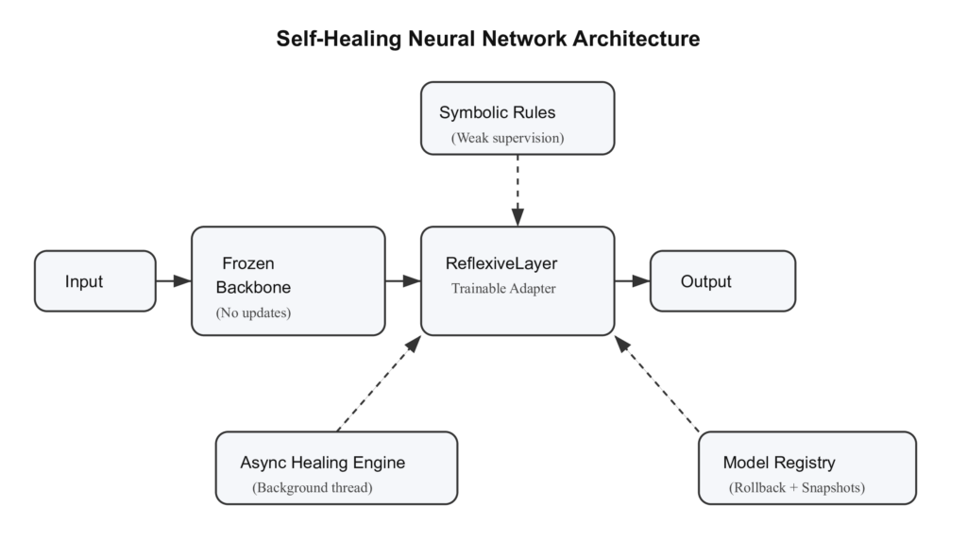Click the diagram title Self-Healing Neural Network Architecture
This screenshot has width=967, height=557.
click(487, 39)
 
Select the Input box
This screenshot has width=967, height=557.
click(95, 281)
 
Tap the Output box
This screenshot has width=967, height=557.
click(722, 281)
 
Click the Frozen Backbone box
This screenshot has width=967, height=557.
click(288, 280)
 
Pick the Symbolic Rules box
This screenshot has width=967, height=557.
click(517, 117)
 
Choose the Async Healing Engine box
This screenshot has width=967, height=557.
click(336, 467)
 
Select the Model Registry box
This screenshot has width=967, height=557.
click(807, 467)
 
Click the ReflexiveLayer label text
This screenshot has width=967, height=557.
click(501, 263)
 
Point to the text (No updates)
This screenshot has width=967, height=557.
click(254, 312)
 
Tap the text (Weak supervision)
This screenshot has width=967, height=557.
click(507, 138)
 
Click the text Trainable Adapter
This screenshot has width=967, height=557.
click(503, 289)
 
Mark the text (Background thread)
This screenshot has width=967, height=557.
click(313, 488)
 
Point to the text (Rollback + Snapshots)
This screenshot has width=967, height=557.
click(797, 488)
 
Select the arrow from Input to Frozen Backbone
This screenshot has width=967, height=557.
click(173, 280)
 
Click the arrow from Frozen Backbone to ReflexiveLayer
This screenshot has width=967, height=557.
click(402, 280)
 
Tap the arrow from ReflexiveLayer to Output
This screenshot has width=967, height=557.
click(632, 280)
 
